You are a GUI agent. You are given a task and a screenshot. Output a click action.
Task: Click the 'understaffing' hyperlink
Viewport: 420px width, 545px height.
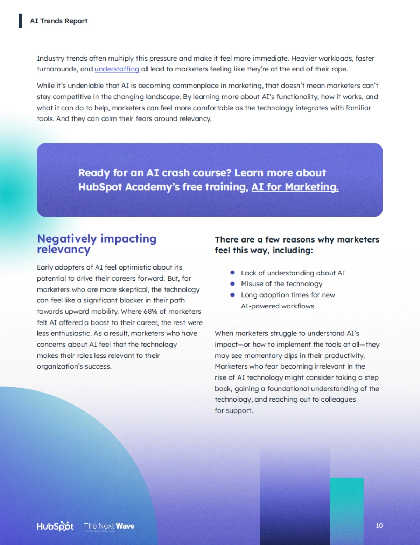point(117,69)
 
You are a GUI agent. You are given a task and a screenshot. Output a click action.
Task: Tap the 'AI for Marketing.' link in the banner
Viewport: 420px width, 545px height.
point(295,187)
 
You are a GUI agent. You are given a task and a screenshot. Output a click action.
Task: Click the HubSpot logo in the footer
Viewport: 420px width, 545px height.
point(55,526)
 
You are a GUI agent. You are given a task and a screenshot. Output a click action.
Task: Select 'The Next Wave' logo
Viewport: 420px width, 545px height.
point(109,526)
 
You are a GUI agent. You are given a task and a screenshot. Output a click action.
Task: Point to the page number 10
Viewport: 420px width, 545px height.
point(379,525)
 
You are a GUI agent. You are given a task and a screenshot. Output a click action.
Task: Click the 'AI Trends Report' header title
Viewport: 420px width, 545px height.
point(59,21)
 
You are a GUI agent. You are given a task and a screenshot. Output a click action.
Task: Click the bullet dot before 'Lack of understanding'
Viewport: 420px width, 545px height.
point(232,273)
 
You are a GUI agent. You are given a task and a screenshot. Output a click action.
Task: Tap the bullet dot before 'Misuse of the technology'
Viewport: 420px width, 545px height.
point(232,284)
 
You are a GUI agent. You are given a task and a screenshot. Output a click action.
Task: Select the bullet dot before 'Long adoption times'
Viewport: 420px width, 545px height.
point(232,295)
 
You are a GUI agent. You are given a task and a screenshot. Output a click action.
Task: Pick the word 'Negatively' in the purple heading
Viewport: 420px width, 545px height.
point(67,239)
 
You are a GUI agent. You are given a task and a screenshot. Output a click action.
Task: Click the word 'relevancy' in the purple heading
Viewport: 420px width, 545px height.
point(64,250)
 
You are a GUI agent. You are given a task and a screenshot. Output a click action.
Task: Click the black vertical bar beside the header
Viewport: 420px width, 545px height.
point(21,21)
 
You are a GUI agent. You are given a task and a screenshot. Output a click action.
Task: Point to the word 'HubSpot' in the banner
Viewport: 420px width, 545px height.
point(100,187)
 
